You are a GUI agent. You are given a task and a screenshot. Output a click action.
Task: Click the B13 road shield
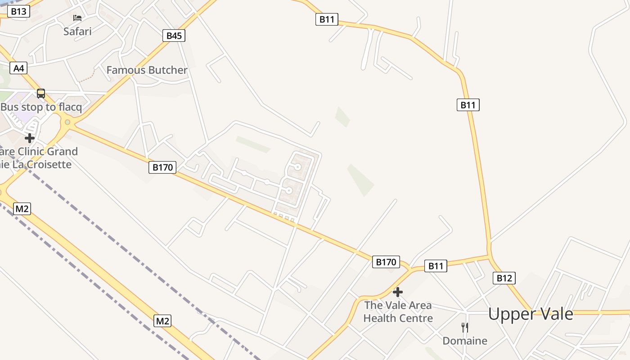(18, 11)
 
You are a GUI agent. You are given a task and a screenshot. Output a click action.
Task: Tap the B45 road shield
(174, 36)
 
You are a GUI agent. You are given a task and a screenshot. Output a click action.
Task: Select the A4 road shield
(18, 68)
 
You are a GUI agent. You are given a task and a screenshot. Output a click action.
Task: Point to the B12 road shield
(504, 278)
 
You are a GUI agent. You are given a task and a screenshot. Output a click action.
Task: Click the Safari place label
(77, 31)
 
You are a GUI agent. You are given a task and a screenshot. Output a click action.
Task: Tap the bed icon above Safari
(77, 18)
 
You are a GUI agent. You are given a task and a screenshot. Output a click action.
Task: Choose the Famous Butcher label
(147, 70)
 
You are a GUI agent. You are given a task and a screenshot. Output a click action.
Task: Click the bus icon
(41, 94)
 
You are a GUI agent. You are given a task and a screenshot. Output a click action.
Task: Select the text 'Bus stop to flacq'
(41, 107)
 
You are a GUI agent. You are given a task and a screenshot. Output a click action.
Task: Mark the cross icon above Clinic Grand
(30, 138)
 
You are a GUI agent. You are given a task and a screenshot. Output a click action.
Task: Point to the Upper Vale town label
(531, 314)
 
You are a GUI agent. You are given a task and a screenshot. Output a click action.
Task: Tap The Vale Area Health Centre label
(398, 311)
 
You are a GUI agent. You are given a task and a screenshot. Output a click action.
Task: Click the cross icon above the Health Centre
(397, 292)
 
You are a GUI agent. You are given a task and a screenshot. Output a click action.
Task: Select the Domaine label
(465, 341)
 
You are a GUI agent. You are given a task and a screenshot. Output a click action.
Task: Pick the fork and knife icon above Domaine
(465, 327)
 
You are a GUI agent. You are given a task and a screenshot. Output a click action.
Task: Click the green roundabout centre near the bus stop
(67, 122)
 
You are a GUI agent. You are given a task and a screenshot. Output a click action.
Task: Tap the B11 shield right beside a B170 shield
(436, 266)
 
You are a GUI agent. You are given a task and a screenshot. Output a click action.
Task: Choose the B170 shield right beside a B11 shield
(386, 262)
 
